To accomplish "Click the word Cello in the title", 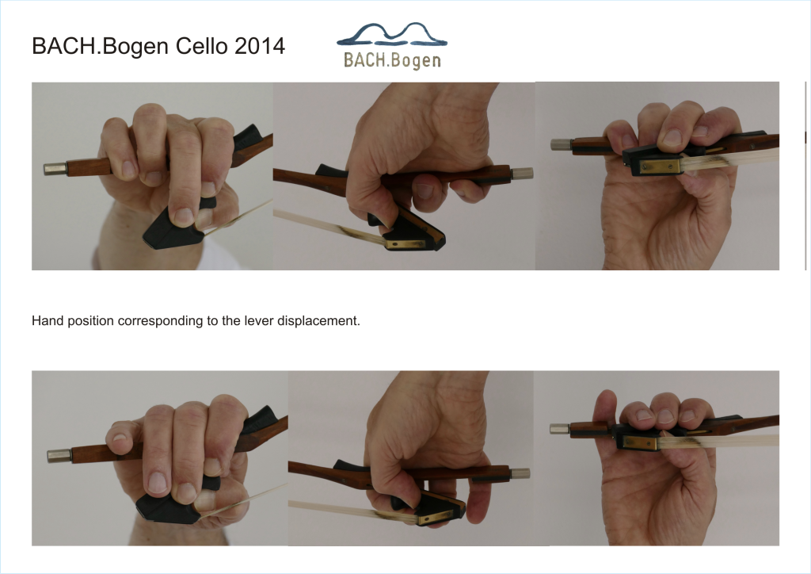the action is [202, 45].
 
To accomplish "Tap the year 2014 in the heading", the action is [260, 45].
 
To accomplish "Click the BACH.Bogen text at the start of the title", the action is [101, 47].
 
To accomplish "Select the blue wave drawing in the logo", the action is [392, 34].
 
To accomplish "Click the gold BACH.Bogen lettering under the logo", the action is [392, 60].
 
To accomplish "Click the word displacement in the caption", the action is [318, 321].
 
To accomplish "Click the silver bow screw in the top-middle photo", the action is [523, 174].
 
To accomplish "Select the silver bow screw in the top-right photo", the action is [561, 144].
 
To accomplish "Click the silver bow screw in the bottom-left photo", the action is [59, 456].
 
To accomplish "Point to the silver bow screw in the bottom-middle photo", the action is [520, 473].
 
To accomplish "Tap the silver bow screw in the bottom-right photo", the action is [560, 429].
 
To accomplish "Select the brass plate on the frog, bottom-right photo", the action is [640, 442].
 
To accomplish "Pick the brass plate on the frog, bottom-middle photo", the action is [436, 517].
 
